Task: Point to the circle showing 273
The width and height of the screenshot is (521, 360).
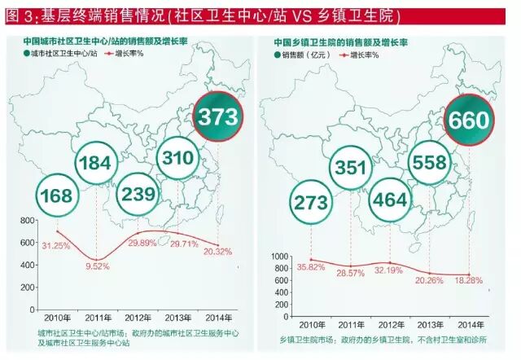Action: [x=309, y=202]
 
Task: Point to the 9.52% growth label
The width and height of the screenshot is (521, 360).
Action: [x=99, y=265]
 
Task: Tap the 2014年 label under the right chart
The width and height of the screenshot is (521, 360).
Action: [x=471, y=322]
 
